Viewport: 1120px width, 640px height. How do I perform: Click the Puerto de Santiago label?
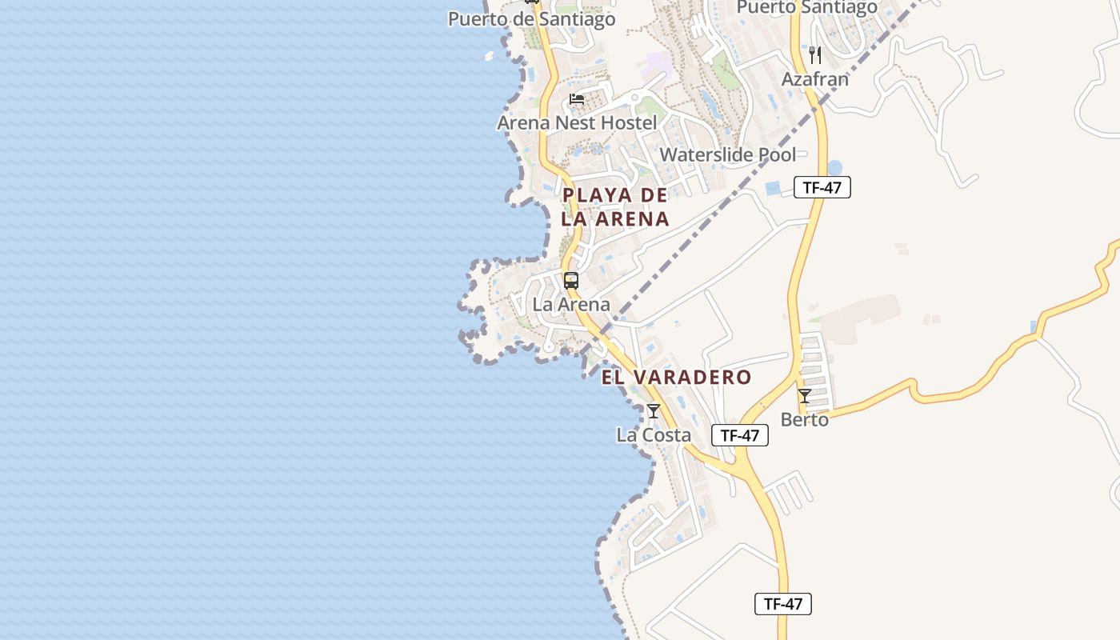point(531,19)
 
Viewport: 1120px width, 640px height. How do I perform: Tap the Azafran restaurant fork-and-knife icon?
point(815,55)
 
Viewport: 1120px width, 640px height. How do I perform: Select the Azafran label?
point(814,79)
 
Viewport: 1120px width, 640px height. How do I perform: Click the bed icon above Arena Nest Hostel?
point(577,99)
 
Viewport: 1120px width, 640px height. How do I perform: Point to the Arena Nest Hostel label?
point(577,123)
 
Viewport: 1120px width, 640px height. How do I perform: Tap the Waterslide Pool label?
point(727,154)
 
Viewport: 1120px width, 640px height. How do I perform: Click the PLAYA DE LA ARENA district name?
point(614,206)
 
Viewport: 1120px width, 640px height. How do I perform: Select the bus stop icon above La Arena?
point(570,281)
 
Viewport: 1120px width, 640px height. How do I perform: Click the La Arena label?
point(570,305)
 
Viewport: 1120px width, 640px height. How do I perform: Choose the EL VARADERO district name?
point(676,378)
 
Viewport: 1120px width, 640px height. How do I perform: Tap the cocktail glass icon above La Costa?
point(654,411)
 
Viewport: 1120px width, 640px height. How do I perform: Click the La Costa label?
point(653,435)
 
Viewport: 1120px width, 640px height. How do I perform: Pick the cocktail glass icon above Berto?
point(805,396)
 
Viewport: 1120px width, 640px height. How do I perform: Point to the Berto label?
point(804,419)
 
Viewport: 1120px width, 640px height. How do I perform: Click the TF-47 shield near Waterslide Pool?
point(822,188)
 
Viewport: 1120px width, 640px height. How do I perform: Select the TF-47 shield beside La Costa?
point(739,435)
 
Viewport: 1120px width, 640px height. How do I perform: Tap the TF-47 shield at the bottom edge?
point(782,604)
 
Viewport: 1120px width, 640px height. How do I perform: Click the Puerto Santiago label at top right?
point(806,8)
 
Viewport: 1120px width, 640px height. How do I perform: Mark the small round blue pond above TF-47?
point(834,168)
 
